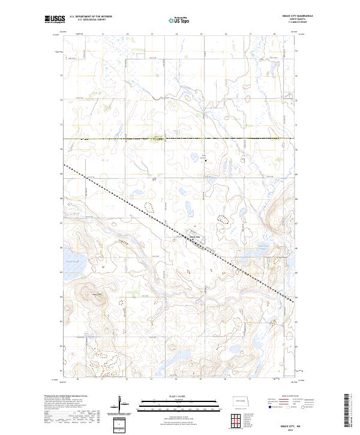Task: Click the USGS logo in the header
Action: pyautogui.click(x=55, y=20)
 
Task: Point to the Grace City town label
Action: pyautogui.click(x=195, y=236)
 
